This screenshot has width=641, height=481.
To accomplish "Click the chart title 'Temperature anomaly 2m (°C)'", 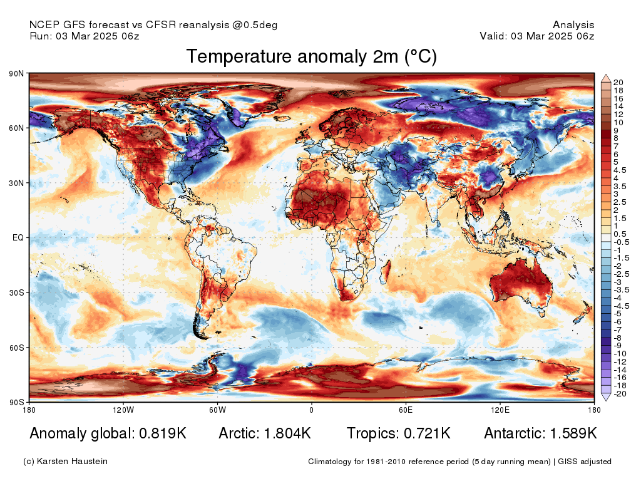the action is [312, 56].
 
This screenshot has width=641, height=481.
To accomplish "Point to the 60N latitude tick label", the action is [16, 128].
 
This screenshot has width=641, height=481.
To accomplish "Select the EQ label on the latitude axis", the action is [18, 237].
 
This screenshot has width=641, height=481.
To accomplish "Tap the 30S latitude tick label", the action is [16, 293].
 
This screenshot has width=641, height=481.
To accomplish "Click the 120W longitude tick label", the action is [123, 410].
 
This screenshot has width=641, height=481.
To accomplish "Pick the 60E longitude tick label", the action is [406, 410].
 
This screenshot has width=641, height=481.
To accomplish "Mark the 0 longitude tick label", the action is [312, 410].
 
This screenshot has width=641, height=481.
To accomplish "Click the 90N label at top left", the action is [16, 74].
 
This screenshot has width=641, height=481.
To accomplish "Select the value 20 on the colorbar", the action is [618, 83].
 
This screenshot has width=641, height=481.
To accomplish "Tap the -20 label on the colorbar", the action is [620, 394].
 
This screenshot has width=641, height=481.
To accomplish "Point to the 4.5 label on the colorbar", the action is [620, 170].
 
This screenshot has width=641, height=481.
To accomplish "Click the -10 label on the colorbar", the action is [620, 354].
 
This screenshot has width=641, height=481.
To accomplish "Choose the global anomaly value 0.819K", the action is [163, 433].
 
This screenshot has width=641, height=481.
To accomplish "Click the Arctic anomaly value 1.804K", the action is [287, 433].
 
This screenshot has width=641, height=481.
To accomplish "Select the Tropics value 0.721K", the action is [427, 433].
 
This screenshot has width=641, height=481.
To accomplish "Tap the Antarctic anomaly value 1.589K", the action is [573, 433].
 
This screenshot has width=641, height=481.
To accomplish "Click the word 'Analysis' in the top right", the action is [573, 25].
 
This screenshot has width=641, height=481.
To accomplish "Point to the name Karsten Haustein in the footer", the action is [72, 462].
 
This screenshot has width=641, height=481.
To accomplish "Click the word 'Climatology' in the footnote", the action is [330, 462].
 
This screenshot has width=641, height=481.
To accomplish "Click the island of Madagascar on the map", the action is [386, 272].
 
